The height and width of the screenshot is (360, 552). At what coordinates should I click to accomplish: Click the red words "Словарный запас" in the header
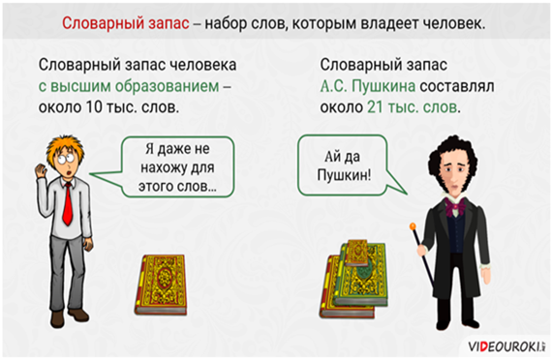[126, 24]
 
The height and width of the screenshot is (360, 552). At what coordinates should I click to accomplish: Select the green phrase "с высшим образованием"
[129, 86]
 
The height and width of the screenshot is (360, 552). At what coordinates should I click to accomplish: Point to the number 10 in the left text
[94, 107]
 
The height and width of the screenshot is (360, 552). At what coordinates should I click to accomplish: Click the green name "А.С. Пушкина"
[368, 86]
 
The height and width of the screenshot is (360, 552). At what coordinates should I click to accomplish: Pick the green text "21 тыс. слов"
[413, 107]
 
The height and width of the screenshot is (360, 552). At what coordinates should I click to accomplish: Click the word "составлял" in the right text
[457, 86]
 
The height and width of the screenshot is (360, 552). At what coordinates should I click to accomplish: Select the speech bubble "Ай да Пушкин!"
[349, 165]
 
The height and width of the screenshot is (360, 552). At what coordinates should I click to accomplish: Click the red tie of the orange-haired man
[67, 204]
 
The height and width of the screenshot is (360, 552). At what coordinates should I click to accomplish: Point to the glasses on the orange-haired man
[66, 158]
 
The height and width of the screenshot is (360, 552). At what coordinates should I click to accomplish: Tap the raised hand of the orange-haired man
[41, 171]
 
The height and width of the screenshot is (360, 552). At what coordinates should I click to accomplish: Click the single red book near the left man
[161, 285]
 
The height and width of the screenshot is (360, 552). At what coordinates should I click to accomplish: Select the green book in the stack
[362, 276]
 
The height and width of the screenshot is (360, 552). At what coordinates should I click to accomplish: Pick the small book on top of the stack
[356, 253]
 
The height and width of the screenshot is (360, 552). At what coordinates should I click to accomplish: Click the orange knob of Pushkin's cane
[413, 225]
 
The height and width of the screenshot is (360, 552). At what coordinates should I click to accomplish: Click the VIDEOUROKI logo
[506, 346]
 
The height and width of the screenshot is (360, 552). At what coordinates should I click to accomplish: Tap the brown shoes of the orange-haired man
[69, 316]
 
